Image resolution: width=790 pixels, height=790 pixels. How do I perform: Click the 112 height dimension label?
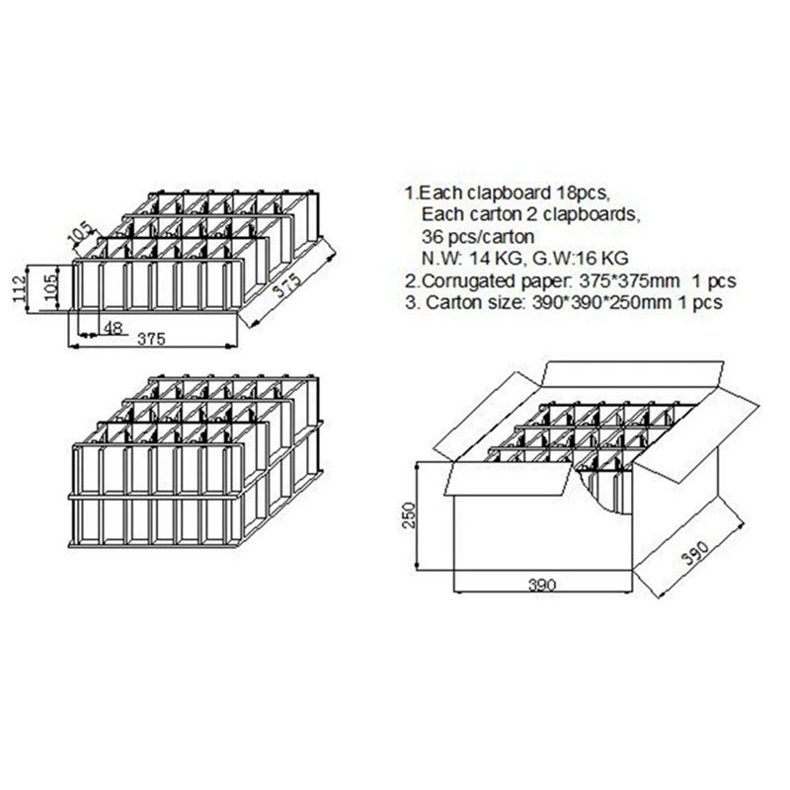[19, 289]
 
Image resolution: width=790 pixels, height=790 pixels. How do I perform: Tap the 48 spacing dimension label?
[113, 329]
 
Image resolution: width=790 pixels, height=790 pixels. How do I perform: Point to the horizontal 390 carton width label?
[542, 585]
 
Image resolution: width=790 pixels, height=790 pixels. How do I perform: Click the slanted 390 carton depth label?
[695, 552]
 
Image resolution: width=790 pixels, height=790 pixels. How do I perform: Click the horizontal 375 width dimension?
[151, 339]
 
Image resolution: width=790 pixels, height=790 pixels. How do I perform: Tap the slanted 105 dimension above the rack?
[81, 232]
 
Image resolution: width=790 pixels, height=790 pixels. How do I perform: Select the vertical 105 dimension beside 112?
[50, 287]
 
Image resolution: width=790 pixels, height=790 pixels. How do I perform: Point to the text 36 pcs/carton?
[478, 236]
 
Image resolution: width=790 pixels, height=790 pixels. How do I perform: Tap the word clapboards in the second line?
[590, 214]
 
